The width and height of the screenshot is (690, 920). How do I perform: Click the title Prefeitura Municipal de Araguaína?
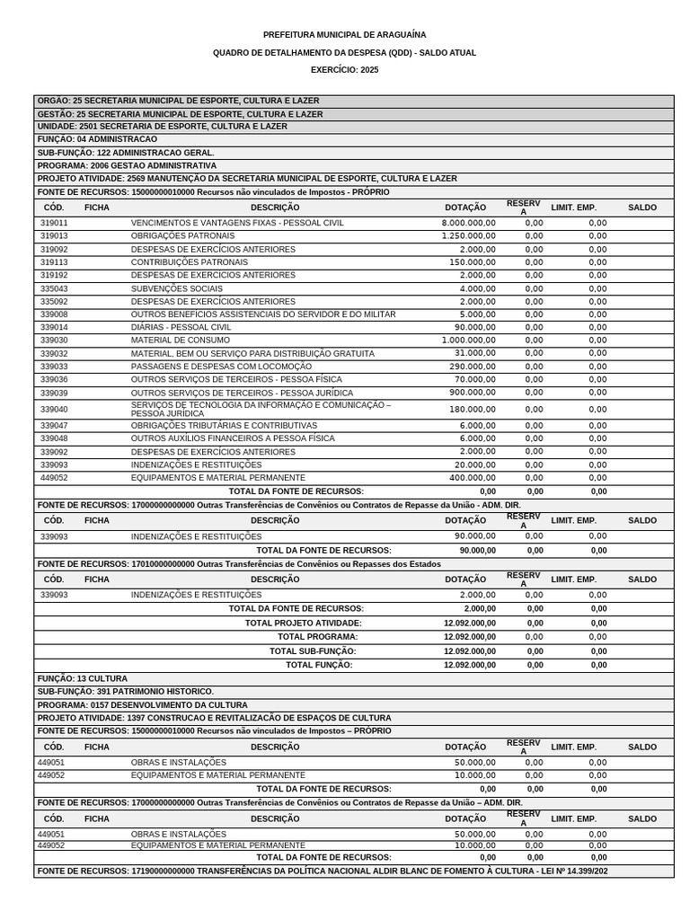pos(345,34)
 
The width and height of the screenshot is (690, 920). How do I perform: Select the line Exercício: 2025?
pos(345,69)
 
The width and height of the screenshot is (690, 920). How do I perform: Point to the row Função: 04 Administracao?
pos(97,139)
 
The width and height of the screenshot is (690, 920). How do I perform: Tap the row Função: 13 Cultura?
pos(83,678)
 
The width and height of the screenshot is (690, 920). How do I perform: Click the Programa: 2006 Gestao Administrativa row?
pos(127,165)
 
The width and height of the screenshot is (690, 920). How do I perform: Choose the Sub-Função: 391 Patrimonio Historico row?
pos(126,692)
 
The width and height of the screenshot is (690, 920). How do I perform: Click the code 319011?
pos(54,223)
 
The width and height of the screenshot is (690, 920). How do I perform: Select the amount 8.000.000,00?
pos(468,223)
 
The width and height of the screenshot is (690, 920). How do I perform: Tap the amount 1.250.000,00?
pos(468,235)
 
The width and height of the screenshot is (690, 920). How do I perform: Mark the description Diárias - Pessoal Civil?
pos(181,327)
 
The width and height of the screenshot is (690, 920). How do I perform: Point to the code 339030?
pos(54,341)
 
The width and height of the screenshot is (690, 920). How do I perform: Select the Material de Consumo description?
pos(181,341)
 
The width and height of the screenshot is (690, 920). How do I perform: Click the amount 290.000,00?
pos(472,367)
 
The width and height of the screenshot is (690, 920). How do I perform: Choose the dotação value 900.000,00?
pos(472,393)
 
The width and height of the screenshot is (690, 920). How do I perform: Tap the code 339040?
pos(54,409)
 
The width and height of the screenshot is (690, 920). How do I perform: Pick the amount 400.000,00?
pos(472,478)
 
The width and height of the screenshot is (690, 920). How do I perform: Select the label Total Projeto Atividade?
pos(304,623)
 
